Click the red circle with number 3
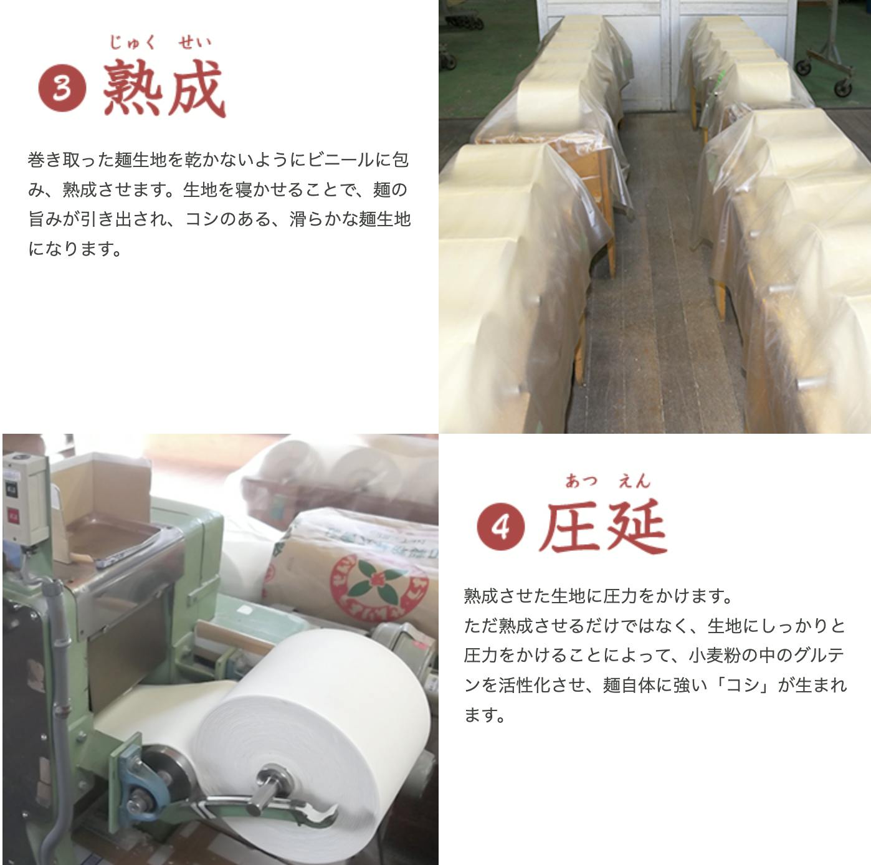[62, 88]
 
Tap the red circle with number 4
[500, 527]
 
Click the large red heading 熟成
[164, 88]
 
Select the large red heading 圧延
[602, 527]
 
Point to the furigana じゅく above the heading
[131, 42]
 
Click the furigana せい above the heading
[194, 42]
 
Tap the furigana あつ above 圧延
[581, 481]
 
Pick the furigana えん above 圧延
[634, 481]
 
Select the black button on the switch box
[11, 489]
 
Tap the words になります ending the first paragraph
[75, 248]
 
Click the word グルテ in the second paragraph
[819, 656]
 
